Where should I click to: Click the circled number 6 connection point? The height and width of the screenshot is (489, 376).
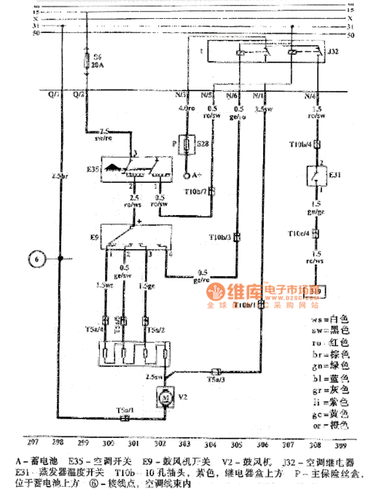click(35, 259)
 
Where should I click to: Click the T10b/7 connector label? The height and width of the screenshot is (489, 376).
click(198, 193)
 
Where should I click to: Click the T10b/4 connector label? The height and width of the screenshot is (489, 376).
click(299, 144)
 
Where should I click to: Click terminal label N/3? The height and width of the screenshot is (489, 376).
click(181, 96)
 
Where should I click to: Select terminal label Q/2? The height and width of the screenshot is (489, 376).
click(78, 96)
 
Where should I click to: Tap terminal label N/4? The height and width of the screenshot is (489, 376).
click(309, 96)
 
